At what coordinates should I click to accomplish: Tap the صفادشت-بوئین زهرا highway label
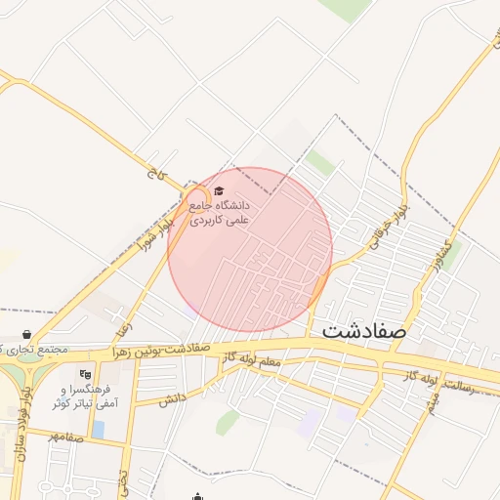[x=162, y=349]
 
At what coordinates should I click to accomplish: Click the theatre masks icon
[x=85, y=373]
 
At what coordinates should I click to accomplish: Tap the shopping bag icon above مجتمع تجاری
[x=26, y=335]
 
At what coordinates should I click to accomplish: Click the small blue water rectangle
[x=98, y=430]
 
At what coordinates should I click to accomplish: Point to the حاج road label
[x=153, y=177]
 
